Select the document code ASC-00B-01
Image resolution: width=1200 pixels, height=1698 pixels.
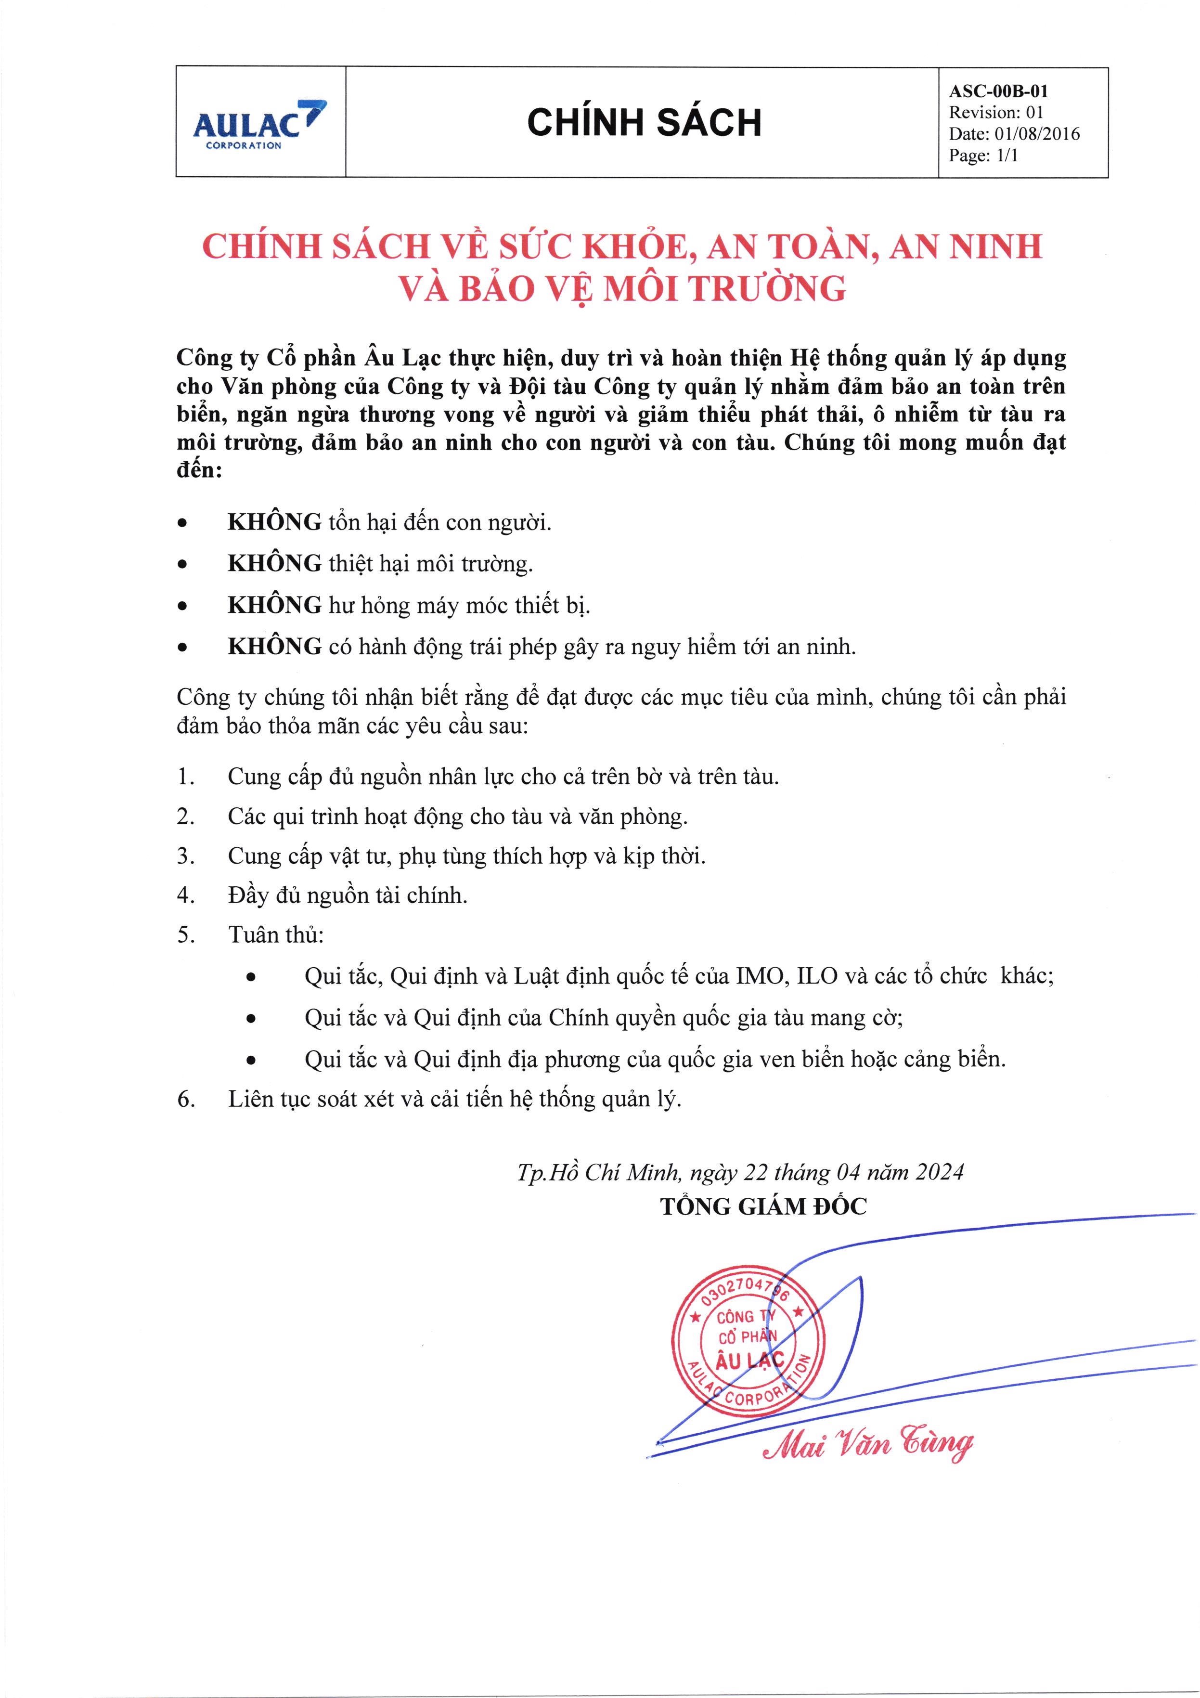[x=998, y=91]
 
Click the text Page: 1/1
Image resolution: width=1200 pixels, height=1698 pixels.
[x=983, y=156]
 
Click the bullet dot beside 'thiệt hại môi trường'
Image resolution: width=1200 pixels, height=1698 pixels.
[x=182, y=565]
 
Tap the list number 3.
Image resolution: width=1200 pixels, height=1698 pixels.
[x=185, y=856]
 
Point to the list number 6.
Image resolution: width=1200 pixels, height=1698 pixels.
[x=185, y=1100]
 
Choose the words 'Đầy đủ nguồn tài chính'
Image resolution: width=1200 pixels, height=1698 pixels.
[x=348, y=895]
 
